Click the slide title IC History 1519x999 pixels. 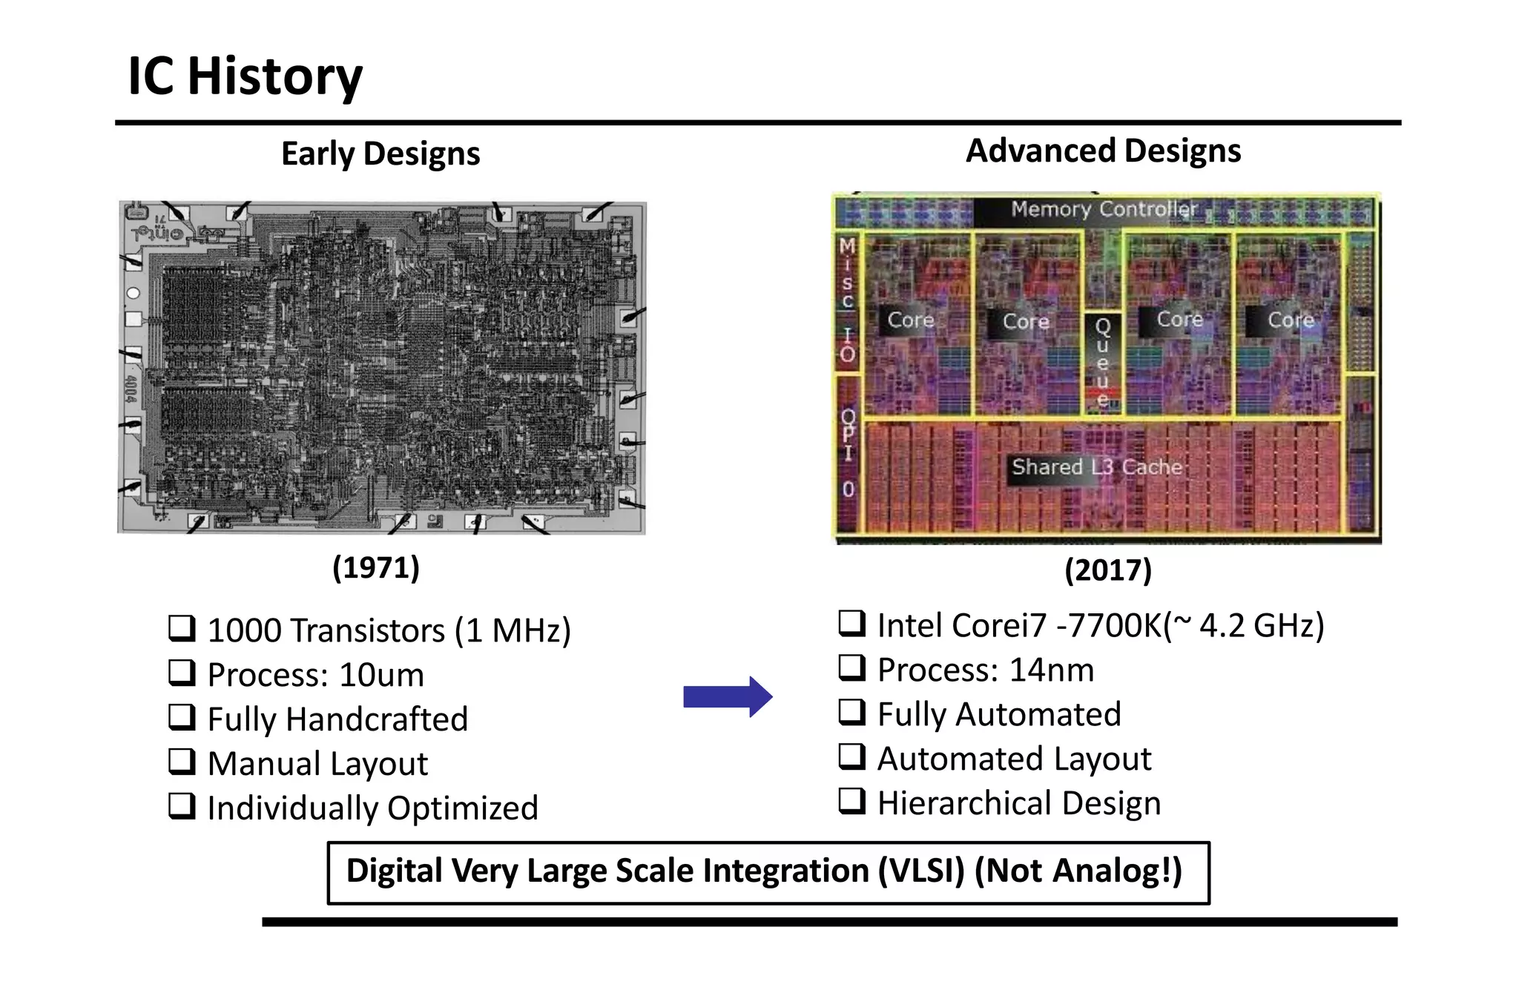coord(245,76)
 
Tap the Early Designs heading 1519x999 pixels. coord(380,154)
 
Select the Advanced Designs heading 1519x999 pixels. coord(1103,151)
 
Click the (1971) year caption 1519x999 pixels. coord(376,567)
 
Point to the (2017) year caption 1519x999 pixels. coord(1108,570)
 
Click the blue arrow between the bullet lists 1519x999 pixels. coord(728,696)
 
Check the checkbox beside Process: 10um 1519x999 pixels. coord(182,673)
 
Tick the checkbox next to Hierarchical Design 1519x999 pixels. coord(852,801)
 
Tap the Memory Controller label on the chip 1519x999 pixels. coord(1104,209)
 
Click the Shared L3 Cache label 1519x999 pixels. coord(1096,467)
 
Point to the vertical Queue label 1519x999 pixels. coord(1103,362)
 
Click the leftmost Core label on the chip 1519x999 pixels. coord(910,320)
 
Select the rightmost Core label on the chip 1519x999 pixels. coord(1291,320)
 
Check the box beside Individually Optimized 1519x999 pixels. coord(182,806)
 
